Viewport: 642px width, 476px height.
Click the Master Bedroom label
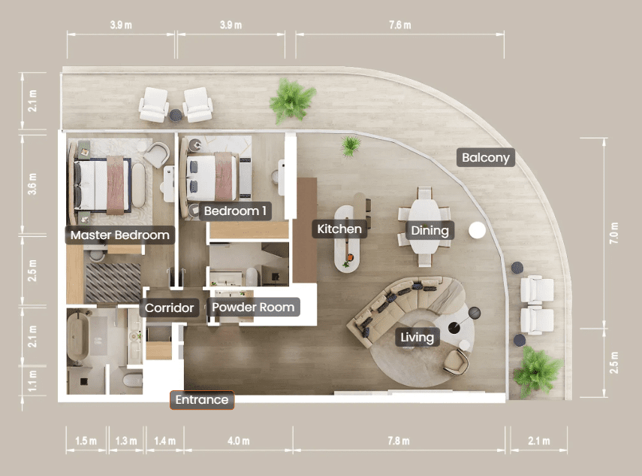pos(120,235)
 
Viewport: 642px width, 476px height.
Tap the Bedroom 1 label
pos(235,211)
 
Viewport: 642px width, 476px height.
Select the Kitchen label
pos(339,229)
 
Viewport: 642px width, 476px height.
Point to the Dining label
pos(430,230)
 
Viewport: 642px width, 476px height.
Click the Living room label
pos(417,337)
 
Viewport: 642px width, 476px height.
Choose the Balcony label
pos(486,157)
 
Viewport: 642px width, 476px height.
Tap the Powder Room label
pos(253,307)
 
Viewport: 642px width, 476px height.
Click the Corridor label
pos(169,308)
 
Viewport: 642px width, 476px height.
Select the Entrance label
pos(202,400)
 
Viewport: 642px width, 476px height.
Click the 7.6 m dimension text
pos(400,25)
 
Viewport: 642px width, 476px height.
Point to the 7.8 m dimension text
pos(399,441)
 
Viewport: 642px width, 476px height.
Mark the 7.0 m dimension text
pos(614,233)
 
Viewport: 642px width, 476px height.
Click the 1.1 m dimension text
pos(32,381)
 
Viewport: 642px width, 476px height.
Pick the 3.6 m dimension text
pos(32,183)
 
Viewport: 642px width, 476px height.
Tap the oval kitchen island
pos(347,239)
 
